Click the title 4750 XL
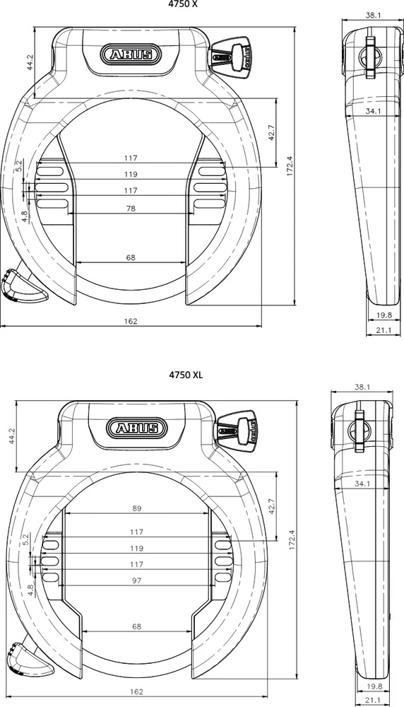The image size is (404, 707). (186, 375)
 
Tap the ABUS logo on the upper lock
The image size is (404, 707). (131, 54)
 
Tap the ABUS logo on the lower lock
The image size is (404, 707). (138, 427)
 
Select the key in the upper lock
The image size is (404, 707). (233, 53)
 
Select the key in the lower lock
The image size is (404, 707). (239, 428)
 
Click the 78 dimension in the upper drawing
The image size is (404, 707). (131, 209)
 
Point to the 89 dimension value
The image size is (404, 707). (137, 508)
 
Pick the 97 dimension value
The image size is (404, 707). (137, 580)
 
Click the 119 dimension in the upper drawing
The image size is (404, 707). (131, 174)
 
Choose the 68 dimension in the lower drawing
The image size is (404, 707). (137, 626)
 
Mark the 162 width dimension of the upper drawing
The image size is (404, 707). (131, 321)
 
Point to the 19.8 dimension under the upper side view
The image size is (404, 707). (384, 315)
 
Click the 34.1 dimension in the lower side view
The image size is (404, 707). (363, 484)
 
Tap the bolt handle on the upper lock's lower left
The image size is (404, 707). (20, 286)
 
